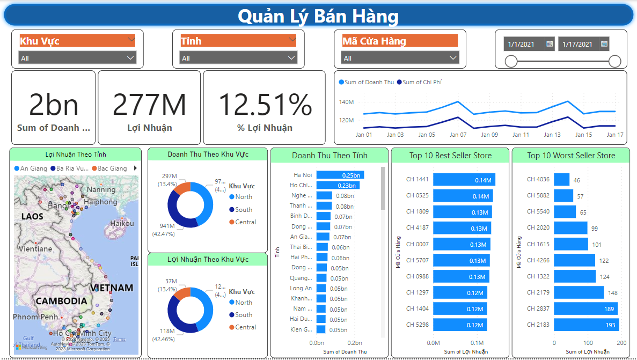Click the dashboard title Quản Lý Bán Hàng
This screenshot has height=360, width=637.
(x=318, y=16)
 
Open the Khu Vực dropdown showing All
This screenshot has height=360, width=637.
(x=77, y=58)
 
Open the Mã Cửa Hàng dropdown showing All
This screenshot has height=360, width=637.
(x=400, y=58)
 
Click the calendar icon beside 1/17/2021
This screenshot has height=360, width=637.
(x=604, y=44)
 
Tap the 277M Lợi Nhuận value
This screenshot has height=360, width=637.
(x=149, y=105)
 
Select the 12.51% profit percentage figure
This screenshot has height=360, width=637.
(x=265, y=105)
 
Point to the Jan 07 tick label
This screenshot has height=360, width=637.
(x=458, y=135)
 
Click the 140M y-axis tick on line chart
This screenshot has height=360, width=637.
(x=346, y=101)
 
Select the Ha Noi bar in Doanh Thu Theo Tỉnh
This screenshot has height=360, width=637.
(x=340, y=175)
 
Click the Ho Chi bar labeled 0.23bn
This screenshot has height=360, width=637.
(x=338, y=185)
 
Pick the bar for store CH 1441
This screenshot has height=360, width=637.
(x=464, y=180)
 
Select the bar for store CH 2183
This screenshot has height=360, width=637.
(x=586, y=325)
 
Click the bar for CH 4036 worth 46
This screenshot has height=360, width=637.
(x=561, y=180)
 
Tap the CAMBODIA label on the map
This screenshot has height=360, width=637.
(x=61, y=301)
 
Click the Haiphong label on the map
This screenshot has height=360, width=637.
(x=100, y=202)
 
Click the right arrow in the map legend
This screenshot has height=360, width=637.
(x=135, y=168)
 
